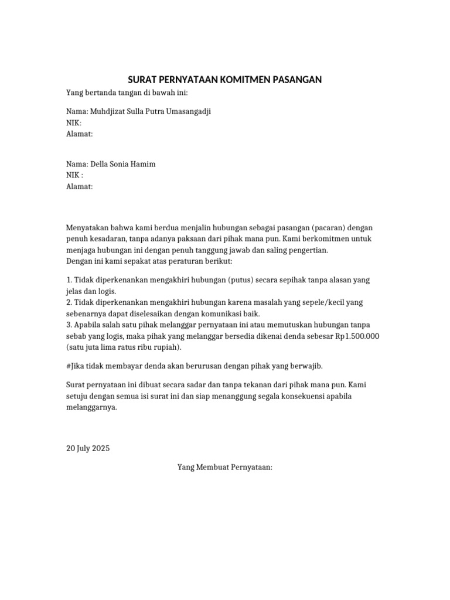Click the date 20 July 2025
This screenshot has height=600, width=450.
[88, 449]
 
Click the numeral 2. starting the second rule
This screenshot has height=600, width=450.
[69, 302]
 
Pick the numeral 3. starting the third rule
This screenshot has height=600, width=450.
[69, 325]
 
